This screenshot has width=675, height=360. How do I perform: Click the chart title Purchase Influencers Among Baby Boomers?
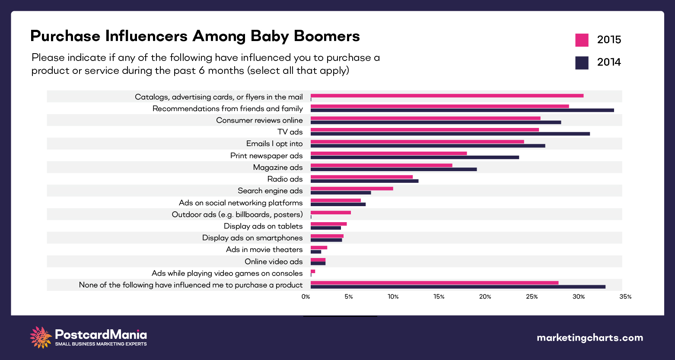(195, 36)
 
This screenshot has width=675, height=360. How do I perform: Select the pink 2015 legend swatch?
(582, 40)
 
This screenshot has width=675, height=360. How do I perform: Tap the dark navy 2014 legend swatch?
(582, 63)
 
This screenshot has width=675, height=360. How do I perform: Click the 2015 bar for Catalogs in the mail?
(447, 96)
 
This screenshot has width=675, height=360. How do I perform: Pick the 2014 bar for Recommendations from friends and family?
(462, 110)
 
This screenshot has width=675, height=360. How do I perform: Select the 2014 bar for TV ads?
(450, 134)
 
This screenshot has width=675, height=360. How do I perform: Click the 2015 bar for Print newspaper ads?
(388, 153)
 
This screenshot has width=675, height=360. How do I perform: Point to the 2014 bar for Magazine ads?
(394, 169)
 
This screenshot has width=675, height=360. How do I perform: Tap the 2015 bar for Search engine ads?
(352, 188)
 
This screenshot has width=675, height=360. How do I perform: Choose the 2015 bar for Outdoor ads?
(331, 213)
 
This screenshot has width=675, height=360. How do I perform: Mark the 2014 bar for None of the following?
(458, 287)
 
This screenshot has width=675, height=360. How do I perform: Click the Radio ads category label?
(285, 179)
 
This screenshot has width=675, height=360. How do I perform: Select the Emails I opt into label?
(274, 144)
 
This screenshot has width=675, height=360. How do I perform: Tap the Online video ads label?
(274, 261)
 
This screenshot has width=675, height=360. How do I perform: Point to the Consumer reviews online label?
(259, 121)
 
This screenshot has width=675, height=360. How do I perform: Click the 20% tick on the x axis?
(485, 297)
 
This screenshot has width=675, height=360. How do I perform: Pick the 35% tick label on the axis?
(625, 297)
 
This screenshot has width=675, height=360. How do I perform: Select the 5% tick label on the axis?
(348, 297)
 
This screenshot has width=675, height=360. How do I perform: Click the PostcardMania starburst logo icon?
(41, 338)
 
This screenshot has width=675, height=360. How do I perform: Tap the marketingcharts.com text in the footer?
(589, 338)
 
